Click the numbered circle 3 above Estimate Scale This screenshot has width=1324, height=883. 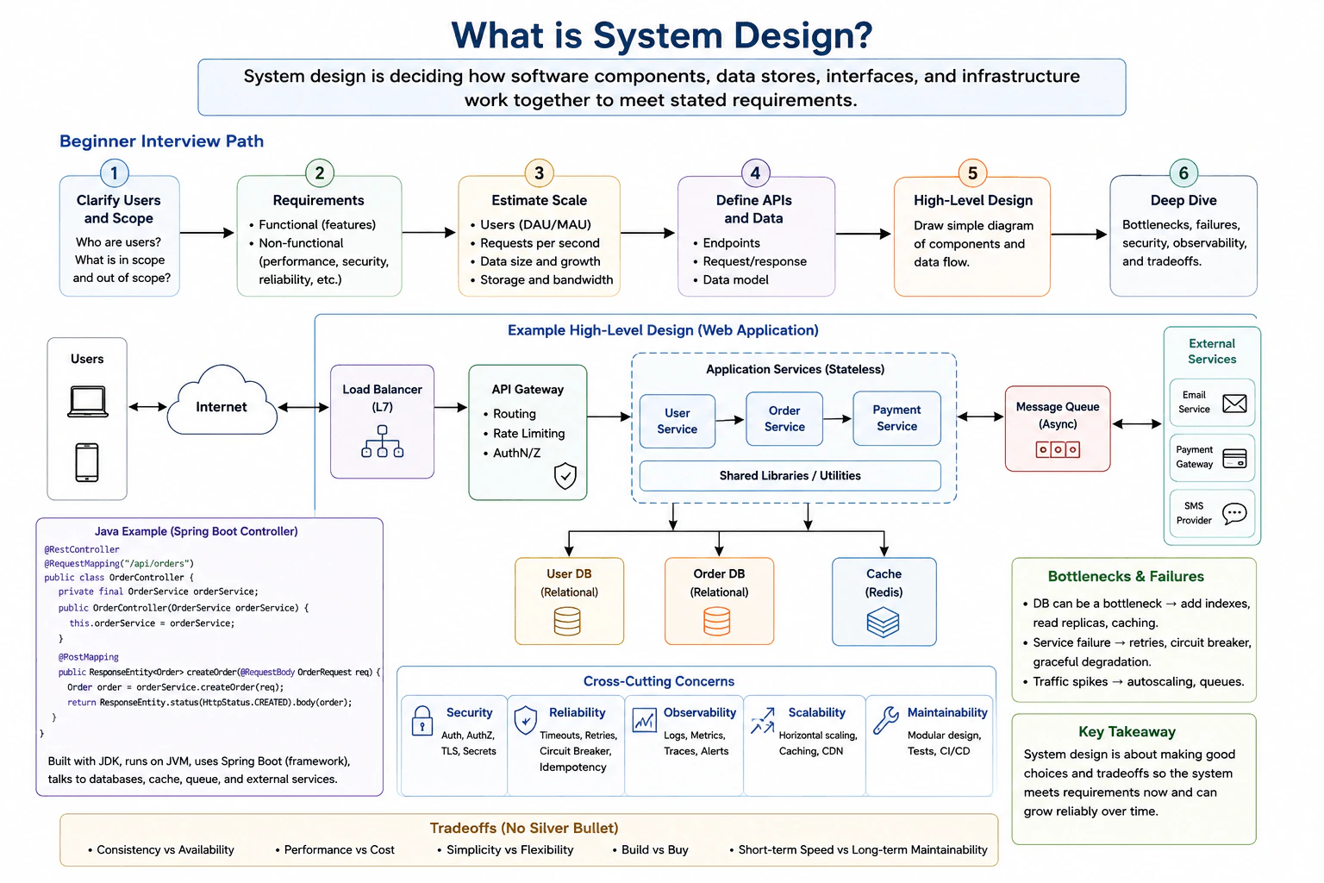pyautogui.click(x=539, y=172)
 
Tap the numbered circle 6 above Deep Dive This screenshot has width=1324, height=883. pyautogui.click(x=1183, y=172)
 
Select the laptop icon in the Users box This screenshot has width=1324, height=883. pyautogui.click(x=87, y=402)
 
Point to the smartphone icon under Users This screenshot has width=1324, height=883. pyautogui.click(x=87, y=462)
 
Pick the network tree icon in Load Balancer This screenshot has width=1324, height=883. pyautogui.click(x=383, y=441)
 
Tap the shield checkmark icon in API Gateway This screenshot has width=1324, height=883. pyautogui.click(x=565, y=475)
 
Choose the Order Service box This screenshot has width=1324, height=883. pyautogui.click(x=784, y=419)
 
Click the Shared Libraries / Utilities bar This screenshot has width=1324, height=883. pyautogui.click(x=790, y=475)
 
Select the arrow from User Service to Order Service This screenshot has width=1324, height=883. pyautogui.click(x=730, y=420)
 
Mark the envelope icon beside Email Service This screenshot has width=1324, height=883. pyautogui.click(x=1234, y=404)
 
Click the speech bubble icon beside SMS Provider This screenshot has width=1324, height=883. pyautogui.click(x=1234, y=513)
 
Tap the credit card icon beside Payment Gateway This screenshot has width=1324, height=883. pyautogui.click(x=1234, y=459)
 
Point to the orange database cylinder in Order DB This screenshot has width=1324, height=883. pyautogui.click(x=717, y=622)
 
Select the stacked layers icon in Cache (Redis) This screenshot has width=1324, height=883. pyautogui.click(x=883, y=623)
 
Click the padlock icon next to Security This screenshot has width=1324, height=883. pyautogui.click(x=422, y=720)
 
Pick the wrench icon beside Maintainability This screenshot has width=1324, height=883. pyautogui.click(x=886, y=720)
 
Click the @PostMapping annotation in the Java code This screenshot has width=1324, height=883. pyautogui.click(x=88, y=657)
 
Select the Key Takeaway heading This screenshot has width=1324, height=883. pyautogui.click(x=1127, y=731)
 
